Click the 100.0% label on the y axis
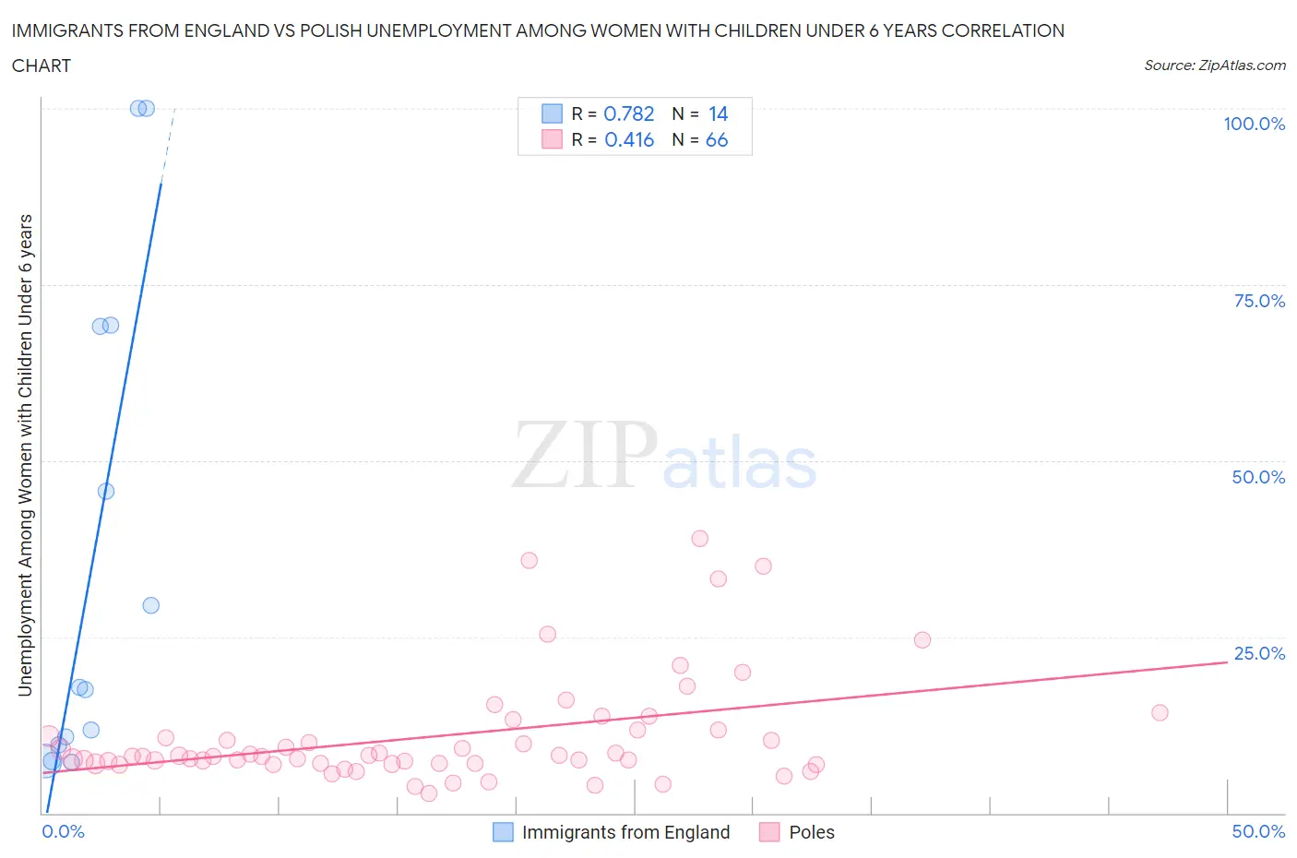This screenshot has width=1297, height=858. pos(1254,124)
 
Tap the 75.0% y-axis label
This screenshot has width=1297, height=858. pos(1259,301)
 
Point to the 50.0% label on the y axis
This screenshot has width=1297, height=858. pos(1258,477)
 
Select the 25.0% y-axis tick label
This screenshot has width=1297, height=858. pos(1259,653)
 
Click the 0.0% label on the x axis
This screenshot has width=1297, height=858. pos(63,831)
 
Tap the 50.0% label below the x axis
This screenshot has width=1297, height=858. pos(1258,831)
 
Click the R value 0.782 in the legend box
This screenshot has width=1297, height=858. pos(628,113)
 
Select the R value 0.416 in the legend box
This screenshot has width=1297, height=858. pos(629,139)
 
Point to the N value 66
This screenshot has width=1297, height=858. pos(717,139)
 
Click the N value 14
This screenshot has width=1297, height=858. pos(718,113)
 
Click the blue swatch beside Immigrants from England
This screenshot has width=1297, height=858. pos(503,832)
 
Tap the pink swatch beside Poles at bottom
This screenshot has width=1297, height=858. pos(769,832)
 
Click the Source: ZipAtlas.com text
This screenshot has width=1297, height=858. pos(1214,65)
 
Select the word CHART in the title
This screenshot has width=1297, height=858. pos(42,66)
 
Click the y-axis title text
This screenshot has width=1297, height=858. pos(26,455)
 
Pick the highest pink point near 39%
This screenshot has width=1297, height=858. pos(699,539)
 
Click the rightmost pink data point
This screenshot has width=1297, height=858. pos(1160,712)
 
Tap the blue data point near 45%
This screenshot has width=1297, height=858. pos(106,491)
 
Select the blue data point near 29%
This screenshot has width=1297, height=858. pos(150,605)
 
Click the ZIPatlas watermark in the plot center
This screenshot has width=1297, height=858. pos(664,456)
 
